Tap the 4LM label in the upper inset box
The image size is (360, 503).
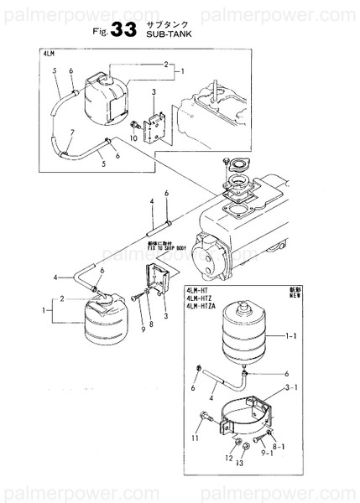(x=48, y=54)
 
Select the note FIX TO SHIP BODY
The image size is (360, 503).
(x=174, y=250)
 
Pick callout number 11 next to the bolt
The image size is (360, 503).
(x=195, y=438)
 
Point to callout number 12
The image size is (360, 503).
(x=227, y=459)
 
